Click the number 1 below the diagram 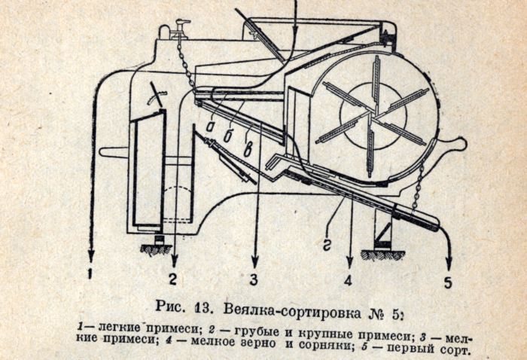point(90,275)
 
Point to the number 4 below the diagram point(348,281)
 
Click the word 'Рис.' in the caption point(170,307)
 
